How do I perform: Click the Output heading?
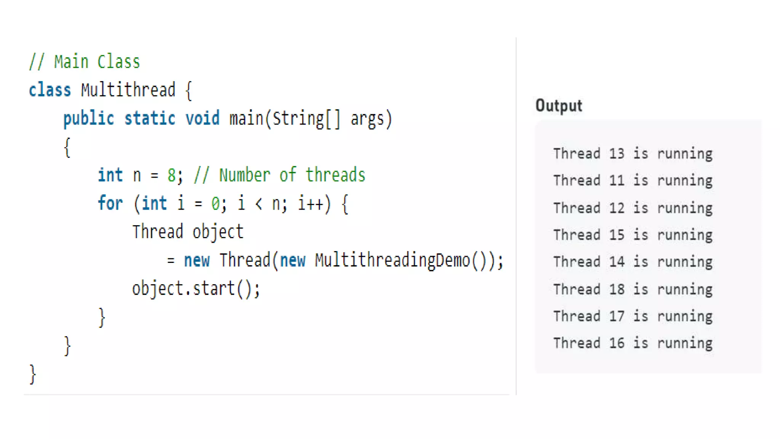click(558, 106)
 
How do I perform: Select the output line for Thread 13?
click(633, 154)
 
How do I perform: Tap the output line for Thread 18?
click(633, 289)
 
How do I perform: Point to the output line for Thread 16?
click(633, 343)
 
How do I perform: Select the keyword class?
click(50, 90)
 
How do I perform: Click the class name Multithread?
click(128, 90)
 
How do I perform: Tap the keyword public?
click(88, 119)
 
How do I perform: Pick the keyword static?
click(150, 119)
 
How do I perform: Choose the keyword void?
click(202, 119)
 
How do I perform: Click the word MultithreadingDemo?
click(393, 261)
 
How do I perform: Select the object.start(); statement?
click(196, 288)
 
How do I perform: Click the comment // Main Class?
click(85, 62)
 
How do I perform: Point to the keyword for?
click(110, 203)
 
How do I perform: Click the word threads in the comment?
click(335, 175)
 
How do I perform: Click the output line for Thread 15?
click(633, 235)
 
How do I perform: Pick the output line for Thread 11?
click(633, 180)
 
